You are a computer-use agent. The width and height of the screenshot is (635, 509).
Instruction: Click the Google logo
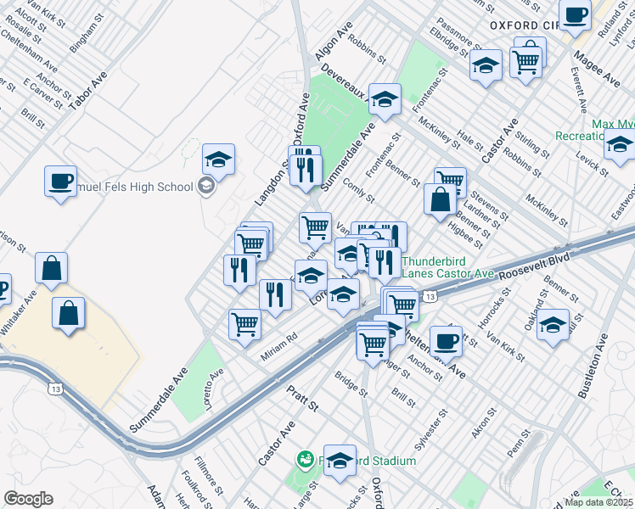pyautogui.click(x=28, y=499)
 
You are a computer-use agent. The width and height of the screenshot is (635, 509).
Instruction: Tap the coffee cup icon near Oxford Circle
pyautogui.click(x=576, y=15)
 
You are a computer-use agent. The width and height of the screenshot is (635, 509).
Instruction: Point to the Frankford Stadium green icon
pyautogui.click(x=304, y=460)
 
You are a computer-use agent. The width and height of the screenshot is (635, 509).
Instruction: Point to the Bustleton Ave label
pyautogui.click(x=591, y=367)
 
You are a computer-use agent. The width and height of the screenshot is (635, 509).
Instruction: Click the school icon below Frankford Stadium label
pyautogui.click(x=340, y=461)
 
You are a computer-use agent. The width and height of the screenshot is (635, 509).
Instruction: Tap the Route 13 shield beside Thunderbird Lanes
pyautogui.click(x=431, y=296)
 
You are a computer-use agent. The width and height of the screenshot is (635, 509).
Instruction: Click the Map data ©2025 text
pyautogui.click(x=599, y=501)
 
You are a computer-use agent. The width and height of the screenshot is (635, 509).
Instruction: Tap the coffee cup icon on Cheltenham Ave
pyautogui.click(x=446, y=342)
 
